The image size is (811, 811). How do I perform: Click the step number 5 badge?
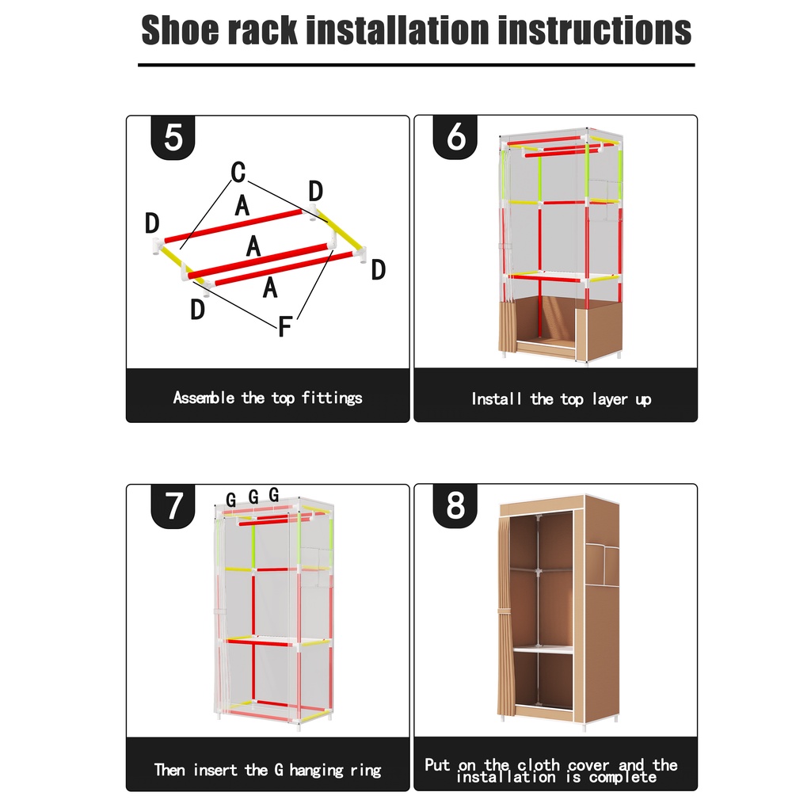173,138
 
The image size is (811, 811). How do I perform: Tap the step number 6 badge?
455,137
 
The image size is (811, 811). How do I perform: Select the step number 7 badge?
173,506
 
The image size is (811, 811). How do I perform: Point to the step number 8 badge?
455,506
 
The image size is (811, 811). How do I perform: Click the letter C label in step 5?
238,172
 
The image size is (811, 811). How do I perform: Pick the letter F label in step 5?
285,326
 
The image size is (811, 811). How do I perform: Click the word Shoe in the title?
181,30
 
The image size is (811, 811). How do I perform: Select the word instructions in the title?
594,30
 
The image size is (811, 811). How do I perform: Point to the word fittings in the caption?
332,398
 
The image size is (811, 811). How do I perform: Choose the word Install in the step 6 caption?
496,399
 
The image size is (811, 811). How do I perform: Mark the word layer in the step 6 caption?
609,400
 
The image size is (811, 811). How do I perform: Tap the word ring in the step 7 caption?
366,771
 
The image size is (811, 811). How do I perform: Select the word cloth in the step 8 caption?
539,764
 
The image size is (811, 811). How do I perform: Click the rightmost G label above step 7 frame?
274,495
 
